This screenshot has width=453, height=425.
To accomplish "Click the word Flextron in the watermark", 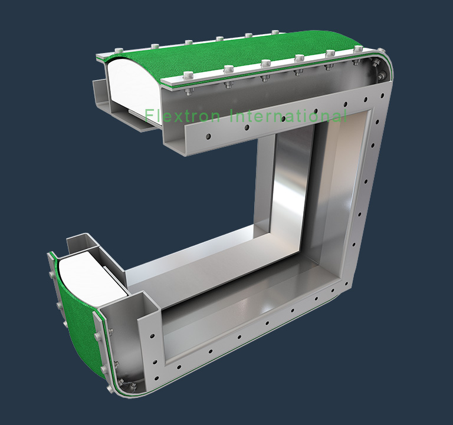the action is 183,116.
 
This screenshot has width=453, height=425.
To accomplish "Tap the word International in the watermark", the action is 288,116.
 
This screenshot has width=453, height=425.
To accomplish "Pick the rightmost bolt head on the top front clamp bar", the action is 357,48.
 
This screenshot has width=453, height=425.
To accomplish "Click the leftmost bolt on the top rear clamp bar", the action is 119,51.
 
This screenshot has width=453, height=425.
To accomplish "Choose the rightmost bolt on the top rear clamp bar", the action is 275,32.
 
